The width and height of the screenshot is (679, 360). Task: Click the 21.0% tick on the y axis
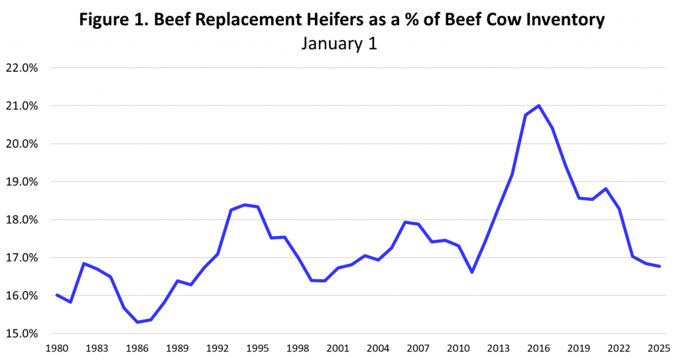coord(22,106)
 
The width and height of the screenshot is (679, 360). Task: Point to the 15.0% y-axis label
coord(22,333)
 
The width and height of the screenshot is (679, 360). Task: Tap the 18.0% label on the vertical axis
coord(22,220)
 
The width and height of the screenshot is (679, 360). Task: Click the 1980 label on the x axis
coord(57,348)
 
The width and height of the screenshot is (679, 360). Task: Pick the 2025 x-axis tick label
coord(659,348)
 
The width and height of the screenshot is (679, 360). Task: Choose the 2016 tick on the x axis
coord(538,348)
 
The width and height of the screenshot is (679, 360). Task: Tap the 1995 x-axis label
coord(257,348)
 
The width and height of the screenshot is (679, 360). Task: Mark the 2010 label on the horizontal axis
coord(458,348)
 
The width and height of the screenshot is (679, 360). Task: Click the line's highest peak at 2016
coord(538,105)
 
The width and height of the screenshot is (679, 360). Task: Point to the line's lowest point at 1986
coord(137,322)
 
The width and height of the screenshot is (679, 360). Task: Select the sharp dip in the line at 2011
coord(471,272)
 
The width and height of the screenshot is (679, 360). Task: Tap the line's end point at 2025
coord(659,266)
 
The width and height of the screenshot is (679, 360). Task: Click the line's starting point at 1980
coord(57,295)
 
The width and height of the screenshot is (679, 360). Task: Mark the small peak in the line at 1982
coord(84,263)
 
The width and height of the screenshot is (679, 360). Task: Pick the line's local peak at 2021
coord(605,188)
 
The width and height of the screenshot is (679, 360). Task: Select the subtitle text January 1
coord(339,44)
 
